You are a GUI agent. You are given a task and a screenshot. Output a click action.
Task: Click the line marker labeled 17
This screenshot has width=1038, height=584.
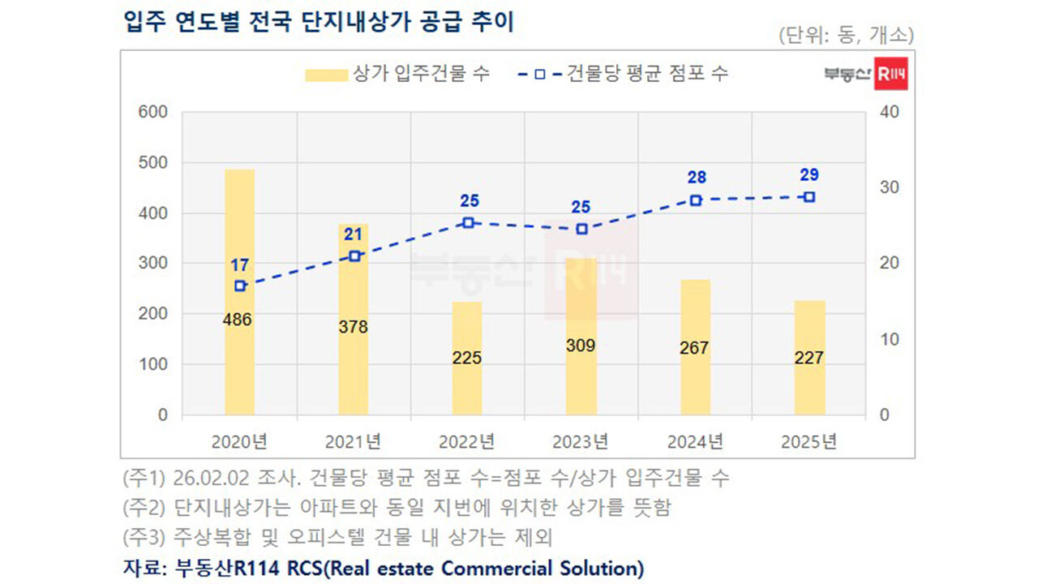pos(240,286)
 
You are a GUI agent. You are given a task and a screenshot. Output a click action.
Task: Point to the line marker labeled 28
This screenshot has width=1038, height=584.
pos(696,200)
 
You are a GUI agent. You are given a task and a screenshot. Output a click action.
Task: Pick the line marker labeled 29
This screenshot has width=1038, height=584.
pos(809,197)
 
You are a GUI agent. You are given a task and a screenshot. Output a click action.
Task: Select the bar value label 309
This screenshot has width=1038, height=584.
pos(581,346)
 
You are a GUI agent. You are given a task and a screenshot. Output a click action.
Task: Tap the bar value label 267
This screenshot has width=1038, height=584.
pos(694,348)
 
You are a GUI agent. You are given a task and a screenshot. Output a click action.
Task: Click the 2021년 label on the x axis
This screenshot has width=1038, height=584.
pos(353,442)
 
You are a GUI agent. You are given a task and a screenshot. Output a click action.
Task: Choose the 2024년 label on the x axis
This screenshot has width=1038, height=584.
pos(695,442)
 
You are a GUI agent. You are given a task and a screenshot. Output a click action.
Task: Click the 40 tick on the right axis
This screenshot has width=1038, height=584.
pos(889,112)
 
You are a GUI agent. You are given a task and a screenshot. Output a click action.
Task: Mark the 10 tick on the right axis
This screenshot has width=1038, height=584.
pos(889,339)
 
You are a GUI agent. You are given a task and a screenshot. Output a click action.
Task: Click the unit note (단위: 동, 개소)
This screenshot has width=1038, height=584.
pos(846,36)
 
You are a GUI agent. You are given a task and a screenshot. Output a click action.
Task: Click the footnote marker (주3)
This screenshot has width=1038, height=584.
pos(143,537)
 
